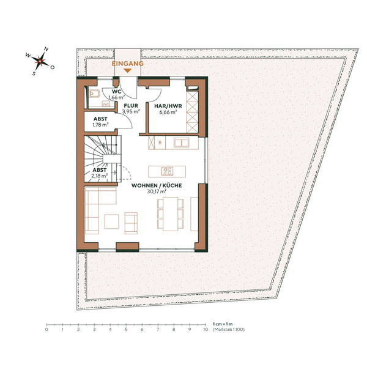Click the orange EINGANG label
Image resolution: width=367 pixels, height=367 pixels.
pyautogui.click(x=127, y=64)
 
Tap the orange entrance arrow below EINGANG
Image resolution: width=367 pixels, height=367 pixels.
pyautogui.click(x=127, y=71)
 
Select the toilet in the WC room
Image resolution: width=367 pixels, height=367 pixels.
pyautogui.click(x=95, y=94)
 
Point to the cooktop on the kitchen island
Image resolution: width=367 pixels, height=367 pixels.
pyautogui.click(x=166, y=171)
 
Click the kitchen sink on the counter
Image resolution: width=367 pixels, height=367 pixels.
pyautogui.click(x=182, y=143)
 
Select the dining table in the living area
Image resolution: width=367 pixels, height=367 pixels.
pyautogui.click(x=169, y=215)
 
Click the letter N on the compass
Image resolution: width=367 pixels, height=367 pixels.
pyautogui.click(x=46, y=50)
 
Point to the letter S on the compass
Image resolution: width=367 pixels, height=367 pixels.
pyautogui.click(x=34, y=71)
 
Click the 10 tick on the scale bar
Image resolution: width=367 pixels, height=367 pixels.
pyautogui.click(x=206, y=325)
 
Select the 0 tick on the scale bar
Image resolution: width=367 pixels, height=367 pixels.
pyautogui.click(x=46, y=325)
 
